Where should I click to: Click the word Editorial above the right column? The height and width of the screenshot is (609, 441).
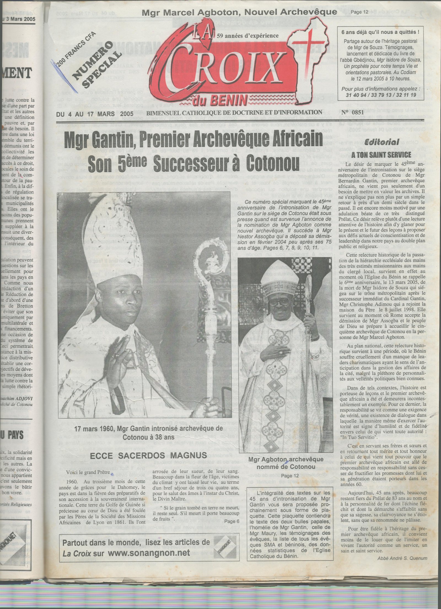point(382,142)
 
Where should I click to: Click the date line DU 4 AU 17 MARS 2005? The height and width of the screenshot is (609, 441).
point(95,113)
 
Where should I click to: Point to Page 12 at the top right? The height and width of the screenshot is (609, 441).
point(360,12)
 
